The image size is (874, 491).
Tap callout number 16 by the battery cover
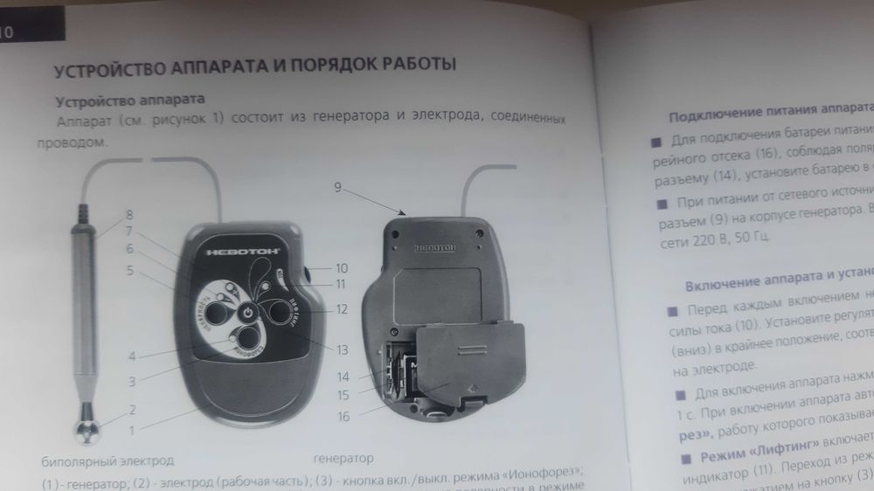343,417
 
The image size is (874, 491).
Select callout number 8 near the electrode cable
128,215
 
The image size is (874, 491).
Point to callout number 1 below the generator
134,430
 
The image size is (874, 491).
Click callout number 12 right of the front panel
342,308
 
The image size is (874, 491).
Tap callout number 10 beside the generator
341,268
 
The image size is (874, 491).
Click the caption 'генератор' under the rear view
343,458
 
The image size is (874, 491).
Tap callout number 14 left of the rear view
343,377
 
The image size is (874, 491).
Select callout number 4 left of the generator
130,356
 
